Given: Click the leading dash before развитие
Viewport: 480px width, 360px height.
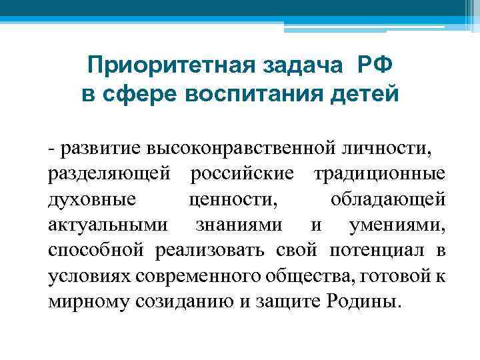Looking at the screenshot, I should [51, 148].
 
